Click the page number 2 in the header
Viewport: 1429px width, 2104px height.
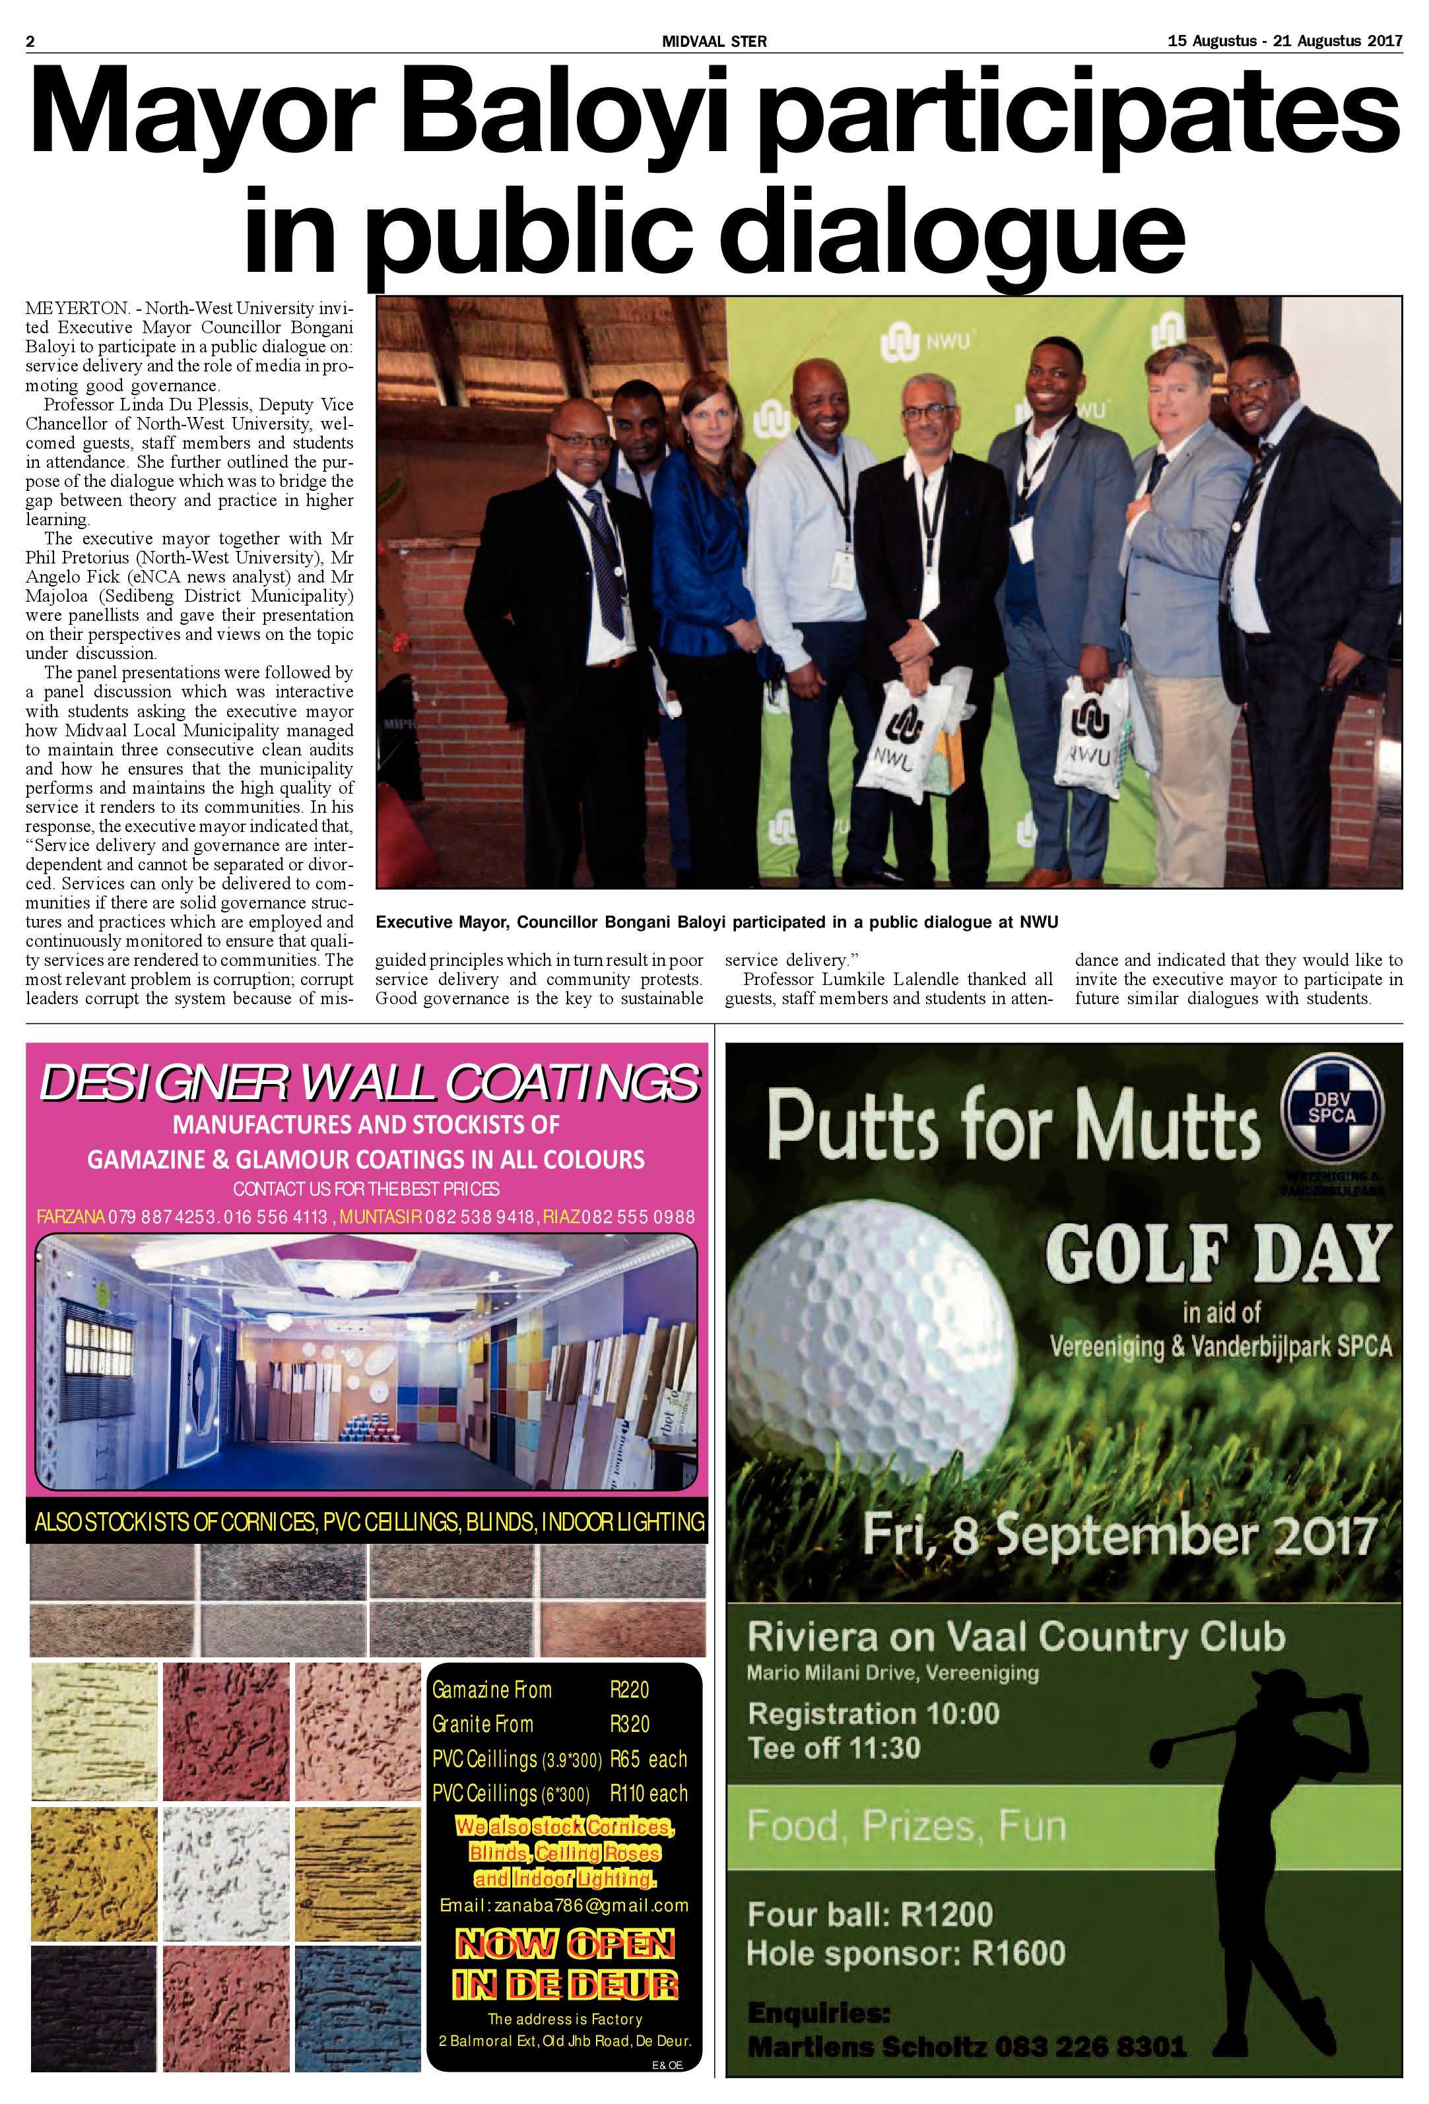click(x=30, y=41)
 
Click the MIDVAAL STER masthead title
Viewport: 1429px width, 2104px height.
click(x=714, y=41)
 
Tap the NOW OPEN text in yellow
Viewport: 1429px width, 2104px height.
click(x=565, y=1944)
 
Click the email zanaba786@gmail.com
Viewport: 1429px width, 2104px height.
click(x=564, y=1905)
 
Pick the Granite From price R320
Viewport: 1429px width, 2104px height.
click(x=630, y=1724)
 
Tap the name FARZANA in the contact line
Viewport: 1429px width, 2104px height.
click(x=71, y=1217)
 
